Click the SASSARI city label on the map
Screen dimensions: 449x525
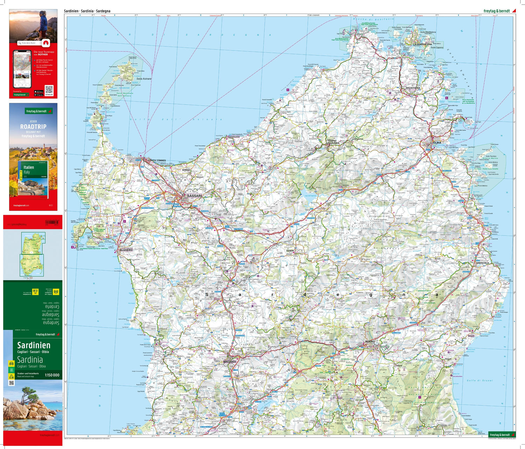(x=194, y=196)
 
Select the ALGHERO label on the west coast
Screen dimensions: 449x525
(x=126, y=250)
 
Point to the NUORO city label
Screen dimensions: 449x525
(x=370, y=341)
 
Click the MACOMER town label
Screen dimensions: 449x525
(x=230, y=361)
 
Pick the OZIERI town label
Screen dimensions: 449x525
(x=290, y=251)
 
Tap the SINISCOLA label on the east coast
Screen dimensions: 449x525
(x=482, y=263)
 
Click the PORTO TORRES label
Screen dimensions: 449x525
(x=157, y=161)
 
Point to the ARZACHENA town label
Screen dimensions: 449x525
(x=413, y=88)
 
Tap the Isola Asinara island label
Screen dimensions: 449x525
(x=144, y=79)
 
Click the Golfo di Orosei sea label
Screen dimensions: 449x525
(x=479, y=380)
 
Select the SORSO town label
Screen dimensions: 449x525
(x=186, y=170)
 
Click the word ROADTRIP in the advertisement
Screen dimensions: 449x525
(x=33, y=127)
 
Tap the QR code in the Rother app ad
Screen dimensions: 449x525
(x=49, y=89)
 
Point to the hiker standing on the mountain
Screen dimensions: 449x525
(x=43, y=21)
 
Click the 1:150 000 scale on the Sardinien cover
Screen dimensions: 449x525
(x=52, y=375)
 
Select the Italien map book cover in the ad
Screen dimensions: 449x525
(x=32, y=180)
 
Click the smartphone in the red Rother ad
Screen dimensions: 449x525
(x=22, y=69)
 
